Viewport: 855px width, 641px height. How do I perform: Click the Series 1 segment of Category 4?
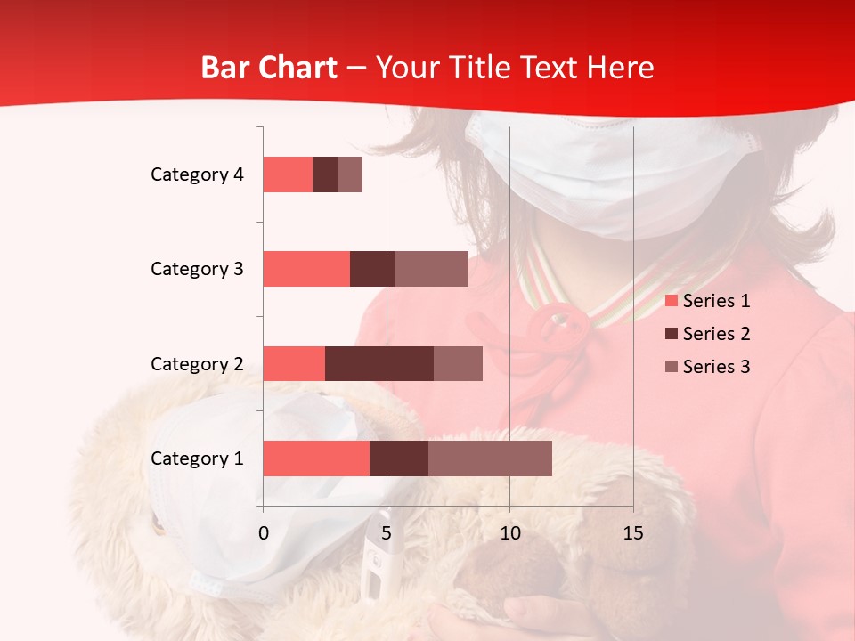point(288,174)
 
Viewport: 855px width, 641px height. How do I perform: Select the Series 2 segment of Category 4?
point(325,174)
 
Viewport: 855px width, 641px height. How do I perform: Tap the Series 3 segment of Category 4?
point(350,174)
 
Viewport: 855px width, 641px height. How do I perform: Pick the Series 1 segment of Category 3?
point(306,269)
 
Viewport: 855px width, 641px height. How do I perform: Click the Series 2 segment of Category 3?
point(372,269)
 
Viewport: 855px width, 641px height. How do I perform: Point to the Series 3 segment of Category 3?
point(431,269)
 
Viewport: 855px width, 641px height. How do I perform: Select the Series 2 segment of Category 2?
point(379,363)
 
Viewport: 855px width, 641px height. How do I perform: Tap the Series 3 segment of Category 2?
point(458,363)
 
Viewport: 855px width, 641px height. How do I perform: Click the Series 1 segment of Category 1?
point(316,458)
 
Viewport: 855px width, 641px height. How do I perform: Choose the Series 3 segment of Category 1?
point(490,458)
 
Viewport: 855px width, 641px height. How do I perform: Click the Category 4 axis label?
point(197,174)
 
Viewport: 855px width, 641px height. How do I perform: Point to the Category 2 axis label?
point(197,363)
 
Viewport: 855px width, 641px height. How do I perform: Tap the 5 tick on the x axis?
point(387,533)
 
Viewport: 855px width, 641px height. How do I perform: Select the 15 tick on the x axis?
point(632,533)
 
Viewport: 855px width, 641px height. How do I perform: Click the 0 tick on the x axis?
point(264,533)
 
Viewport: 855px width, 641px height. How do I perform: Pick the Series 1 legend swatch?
point(672,301)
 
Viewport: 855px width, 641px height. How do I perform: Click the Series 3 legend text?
point(716,367)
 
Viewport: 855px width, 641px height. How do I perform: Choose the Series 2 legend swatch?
point(672,334)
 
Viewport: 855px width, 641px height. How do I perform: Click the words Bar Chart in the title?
point(269,68)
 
